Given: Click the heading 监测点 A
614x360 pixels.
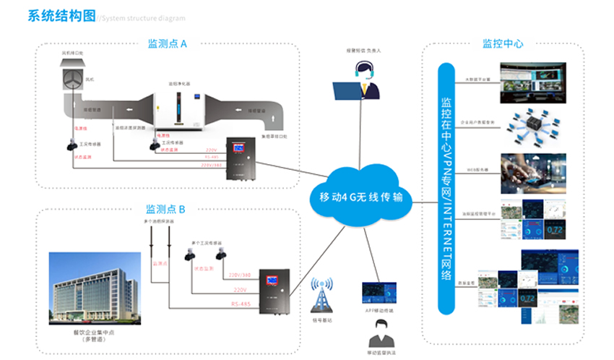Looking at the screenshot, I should click(x=167, y=44).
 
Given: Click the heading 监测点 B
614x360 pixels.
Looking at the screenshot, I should click(x=165, y=209).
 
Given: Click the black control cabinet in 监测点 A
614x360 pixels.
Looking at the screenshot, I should click(x=241, y=159).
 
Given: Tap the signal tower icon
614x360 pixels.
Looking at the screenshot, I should click(x=320, y=293).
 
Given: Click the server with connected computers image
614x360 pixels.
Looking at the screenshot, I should click(x=532, y=124).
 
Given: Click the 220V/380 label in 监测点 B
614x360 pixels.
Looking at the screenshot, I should click(x=238, y=275).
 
